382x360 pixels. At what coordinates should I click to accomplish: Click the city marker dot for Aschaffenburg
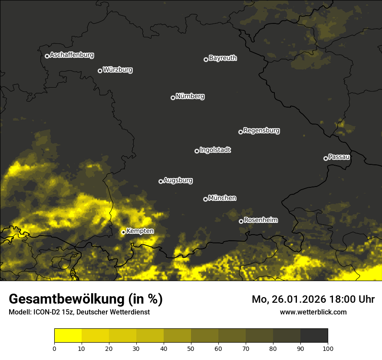(47, 56)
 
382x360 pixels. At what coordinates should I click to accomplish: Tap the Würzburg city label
(118, 70)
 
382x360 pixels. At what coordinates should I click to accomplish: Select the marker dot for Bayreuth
(206, 59)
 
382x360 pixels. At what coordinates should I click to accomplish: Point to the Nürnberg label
(190, 96)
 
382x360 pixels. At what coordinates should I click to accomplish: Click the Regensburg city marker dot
(240, 132)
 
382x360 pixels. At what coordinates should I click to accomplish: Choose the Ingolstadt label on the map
(215, 150)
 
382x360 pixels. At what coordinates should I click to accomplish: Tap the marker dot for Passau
(326, 158)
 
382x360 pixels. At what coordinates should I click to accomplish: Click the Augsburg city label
(178, 180)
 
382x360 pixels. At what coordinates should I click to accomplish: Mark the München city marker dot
(205, 199)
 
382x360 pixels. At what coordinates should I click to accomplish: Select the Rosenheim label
(260, 220)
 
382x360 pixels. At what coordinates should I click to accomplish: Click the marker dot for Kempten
(123, 232)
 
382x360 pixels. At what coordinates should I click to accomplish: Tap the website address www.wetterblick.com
(313, 312)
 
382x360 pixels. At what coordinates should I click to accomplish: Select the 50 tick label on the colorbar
(191, 348)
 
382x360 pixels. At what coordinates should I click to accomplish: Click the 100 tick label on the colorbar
(328, 348)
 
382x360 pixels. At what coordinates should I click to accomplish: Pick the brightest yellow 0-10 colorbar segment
(68, 336)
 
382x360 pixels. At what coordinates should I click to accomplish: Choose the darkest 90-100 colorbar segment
(314, 336)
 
